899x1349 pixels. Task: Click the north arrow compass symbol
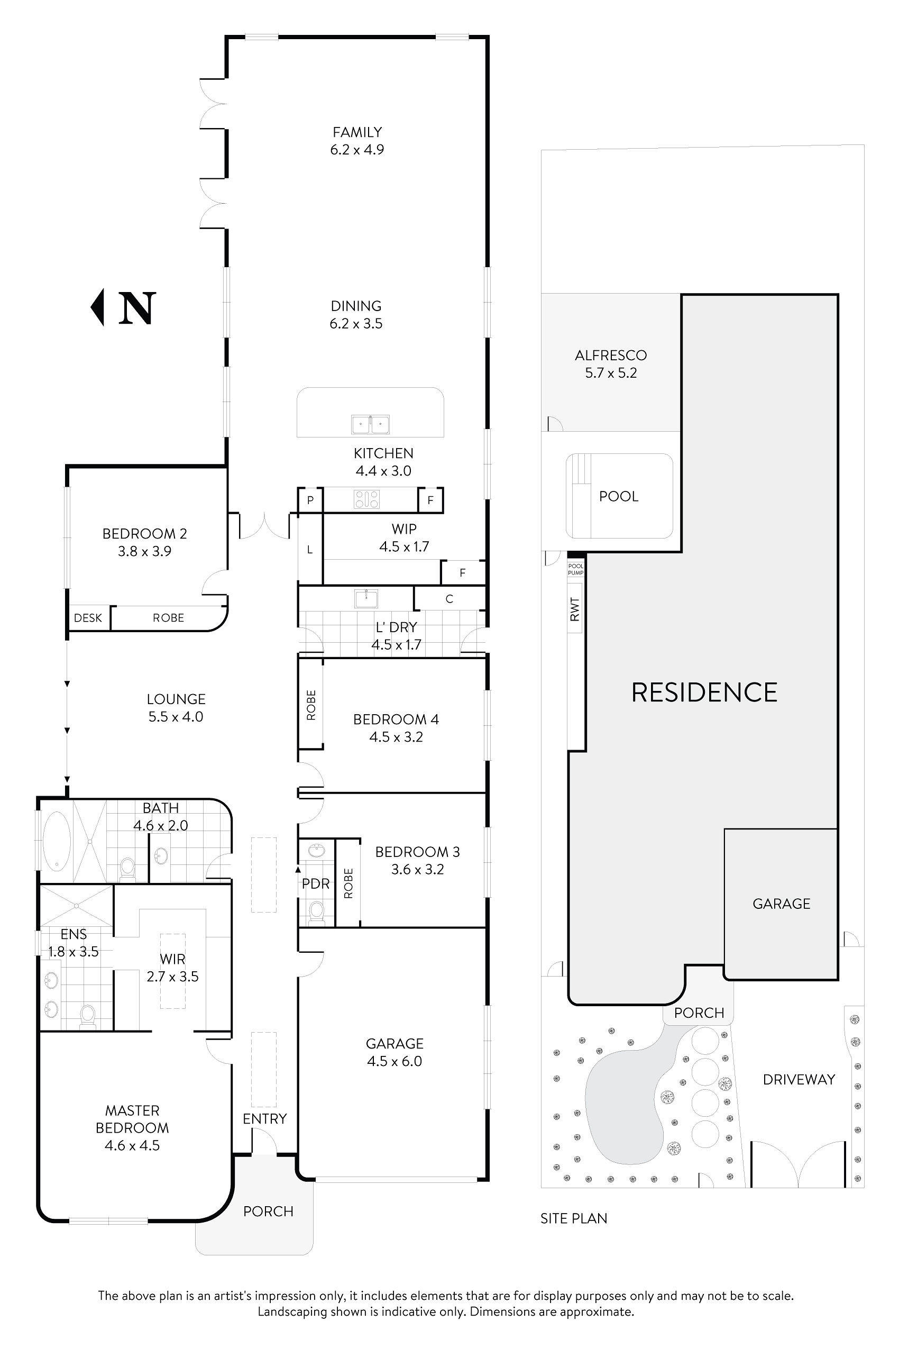point(123,308)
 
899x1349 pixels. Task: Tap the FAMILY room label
point(357,132)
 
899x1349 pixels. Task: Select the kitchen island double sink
point(370,425)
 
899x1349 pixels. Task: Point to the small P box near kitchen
point(310,500)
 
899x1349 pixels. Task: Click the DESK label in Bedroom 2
point(88,618)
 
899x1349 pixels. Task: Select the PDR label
point(315,884)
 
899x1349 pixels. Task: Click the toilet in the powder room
point(316,912)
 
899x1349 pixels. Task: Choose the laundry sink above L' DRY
point(366,598)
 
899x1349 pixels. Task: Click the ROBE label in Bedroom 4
point(311,705)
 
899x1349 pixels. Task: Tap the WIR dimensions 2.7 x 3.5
point(172,977)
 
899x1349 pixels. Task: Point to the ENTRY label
point(264,1118)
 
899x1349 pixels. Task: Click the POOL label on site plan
point(619,497)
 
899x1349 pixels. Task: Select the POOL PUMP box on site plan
point(576,569)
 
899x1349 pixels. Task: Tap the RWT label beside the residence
point(575,608)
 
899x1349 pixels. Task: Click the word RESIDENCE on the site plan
point(704,692)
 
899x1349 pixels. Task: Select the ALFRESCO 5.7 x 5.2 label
point(611,363)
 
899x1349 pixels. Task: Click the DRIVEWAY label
point(798,1079)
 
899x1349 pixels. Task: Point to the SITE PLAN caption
point(573,1218)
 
